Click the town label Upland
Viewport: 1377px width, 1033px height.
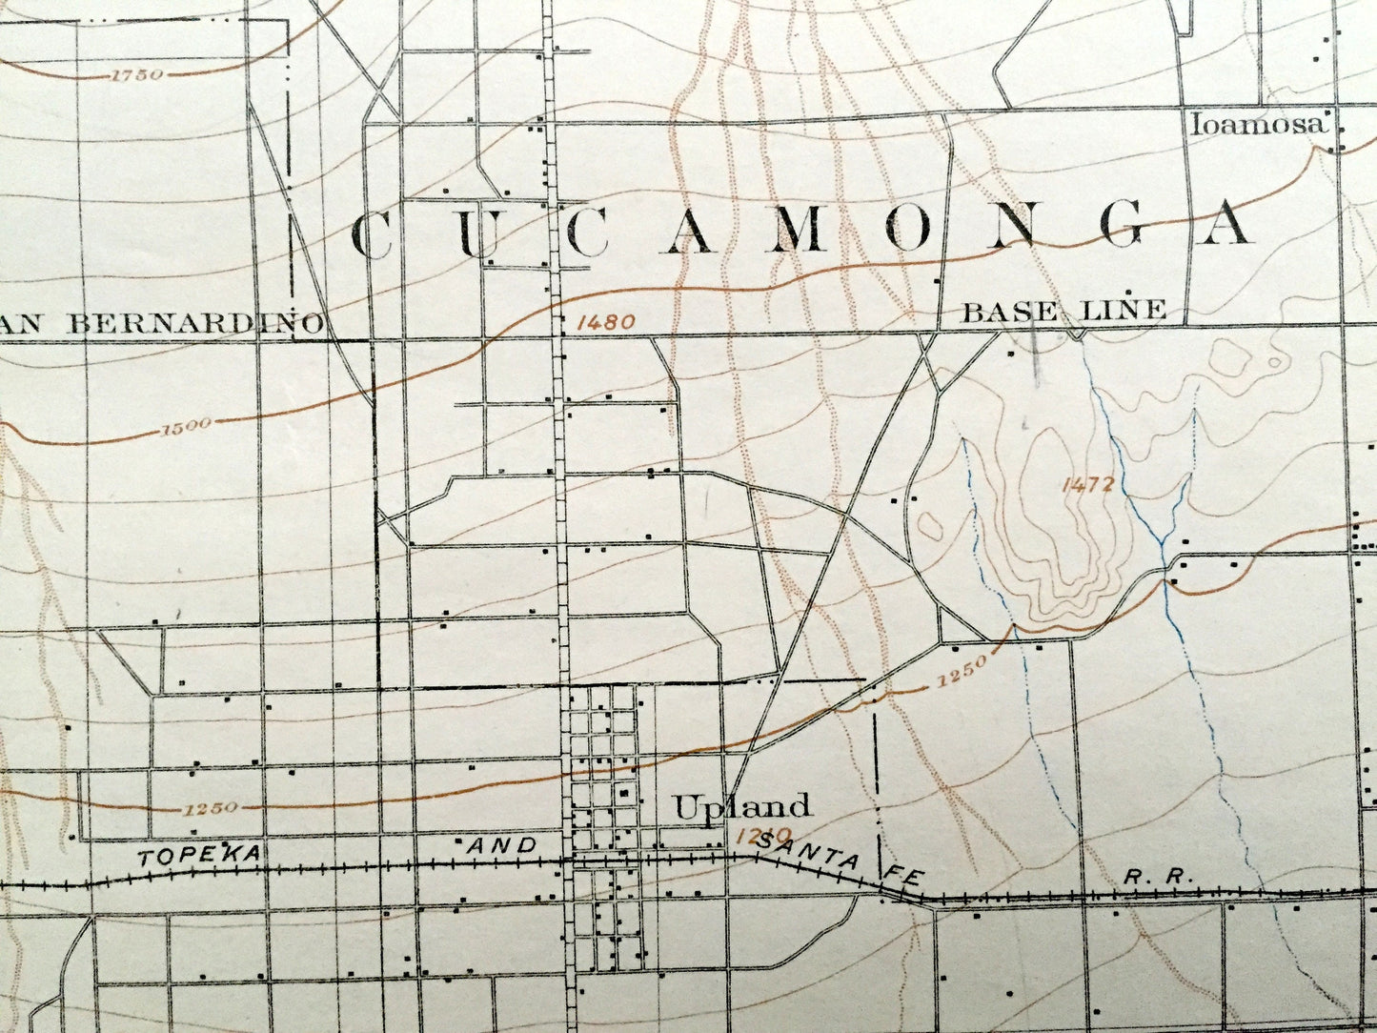[x=742, y=807]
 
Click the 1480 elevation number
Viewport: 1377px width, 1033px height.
[x=605, y=322]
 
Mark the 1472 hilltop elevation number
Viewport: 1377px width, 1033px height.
[x=1087, y=484]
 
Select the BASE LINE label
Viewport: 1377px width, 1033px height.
[x=1064, y=310]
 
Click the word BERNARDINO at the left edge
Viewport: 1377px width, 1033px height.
[x=196, y=323]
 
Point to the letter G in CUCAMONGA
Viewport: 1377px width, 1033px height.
[x=1124, y=226]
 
